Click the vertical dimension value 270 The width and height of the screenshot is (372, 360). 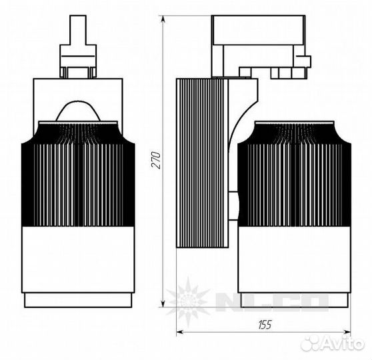(x=157, y=161)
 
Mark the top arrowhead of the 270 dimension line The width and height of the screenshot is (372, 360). (x=165, y=19)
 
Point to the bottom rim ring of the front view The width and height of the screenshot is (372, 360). (x=79, y=300)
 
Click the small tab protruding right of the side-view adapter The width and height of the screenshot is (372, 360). (x=305, y=61)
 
